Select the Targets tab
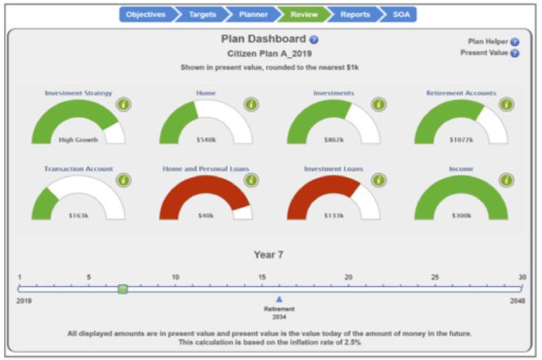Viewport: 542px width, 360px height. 203,14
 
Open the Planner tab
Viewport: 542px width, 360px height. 253,14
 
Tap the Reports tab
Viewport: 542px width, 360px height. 354,14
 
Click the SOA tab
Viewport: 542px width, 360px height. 401,14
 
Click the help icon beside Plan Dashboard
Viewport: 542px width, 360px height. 314,39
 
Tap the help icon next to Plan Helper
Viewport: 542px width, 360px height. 515,42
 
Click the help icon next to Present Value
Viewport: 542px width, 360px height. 515,53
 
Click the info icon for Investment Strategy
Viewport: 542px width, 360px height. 123,105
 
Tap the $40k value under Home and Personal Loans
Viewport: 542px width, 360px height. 205,215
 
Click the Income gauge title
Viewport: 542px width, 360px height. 461,168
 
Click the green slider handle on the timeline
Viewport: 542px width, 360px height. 123,289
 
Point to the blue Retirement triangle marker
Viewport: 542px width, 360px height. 279,299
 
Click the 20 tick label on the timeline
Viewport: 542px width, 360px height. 348,277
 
